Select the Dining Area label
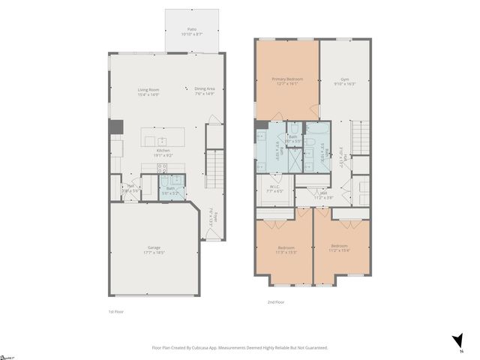pyautogui.click(x=205, y=91)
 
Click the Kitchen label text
pyautogui.click(x=163, y=153)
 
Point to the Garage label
pyautogui.click(x=154, y=250)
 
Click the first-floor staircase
pyautogui.click(x=215, y=169)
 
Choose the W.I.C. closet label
pyautogui.click(x=274, y=189)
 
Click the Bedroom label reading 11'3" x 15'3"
pyautogui.click(x=286, y=250)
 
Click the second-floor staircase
pyautogui.click(x=361, y=139)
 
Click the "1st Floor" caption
pyautogui.click(x=116, y=310)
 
